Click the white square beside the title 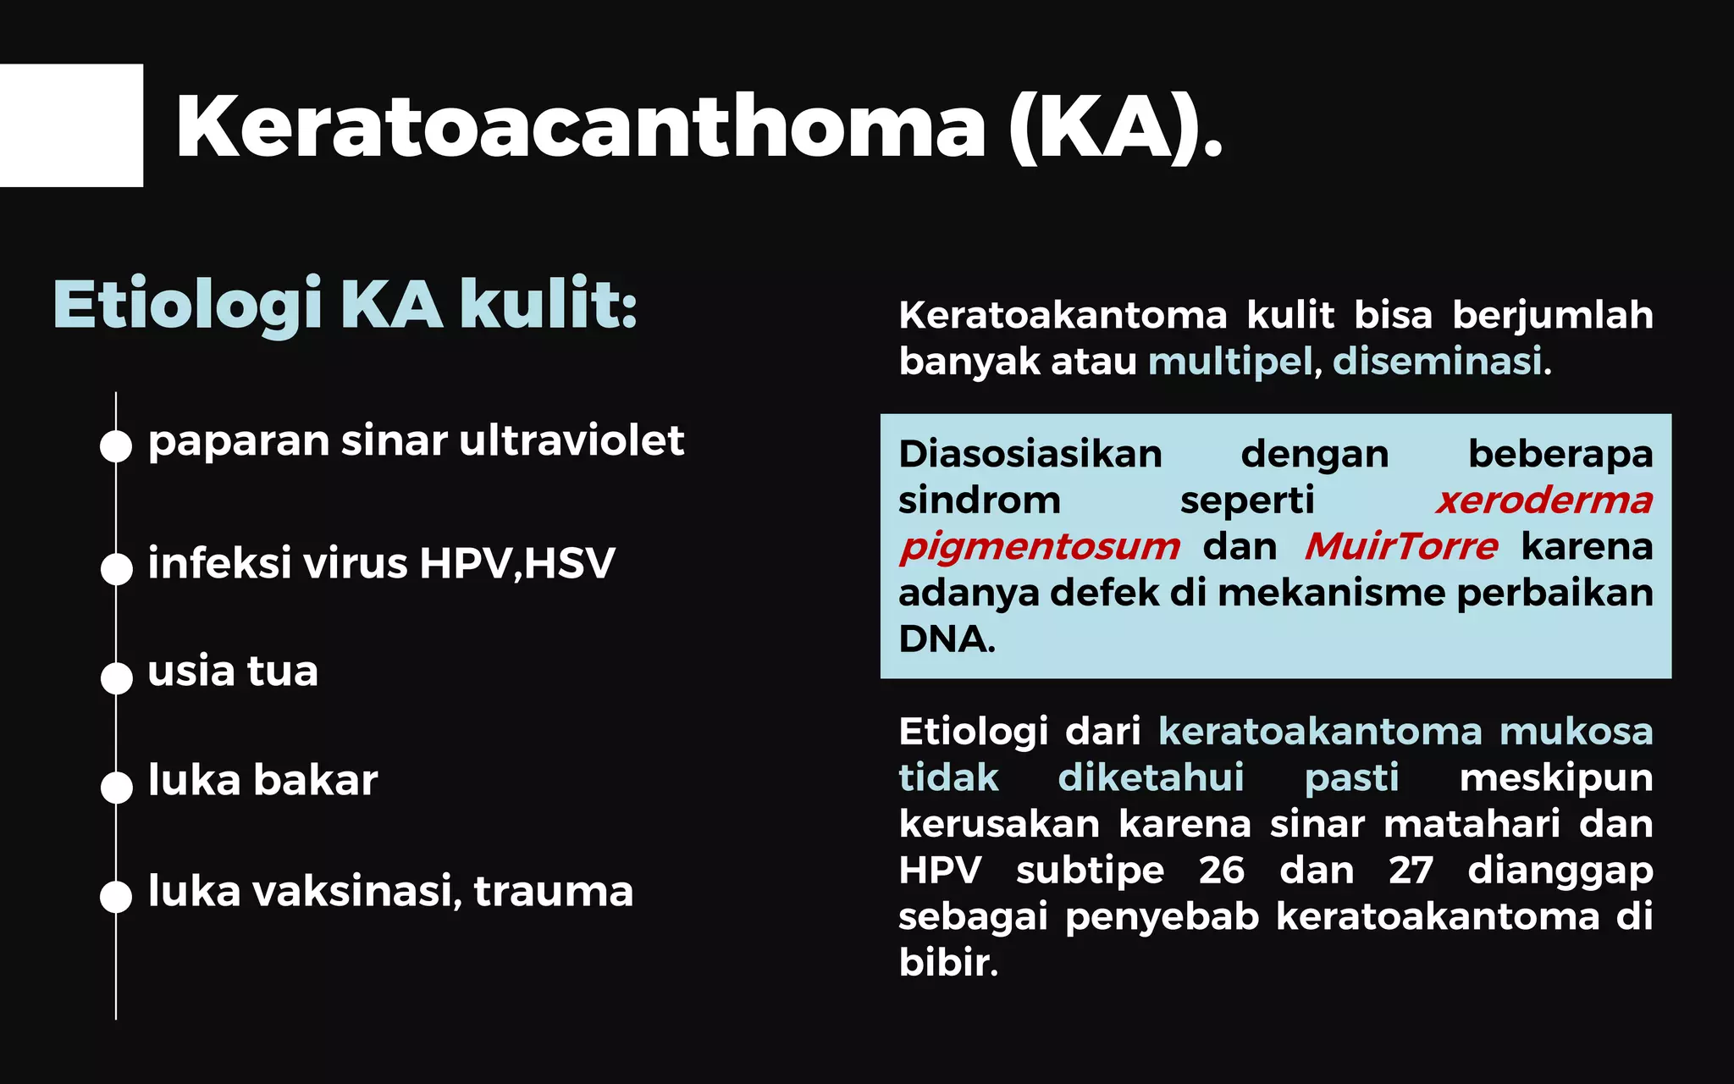71,125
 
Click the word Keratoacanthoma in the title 581,127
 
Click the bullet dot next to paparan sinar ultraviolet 116,446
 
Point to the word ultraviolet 572,440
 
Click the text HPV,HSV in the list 517,563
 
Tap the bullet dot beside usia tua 116,677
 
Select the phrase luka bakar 262,780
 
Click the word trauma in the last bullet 553,891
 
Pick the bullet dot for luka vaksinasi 116,896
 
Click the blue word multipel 1230,362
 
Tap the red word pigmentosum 1040,547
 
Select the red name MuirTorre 1401,547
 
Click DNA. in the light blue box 947,639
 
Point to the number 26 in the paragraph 1222,871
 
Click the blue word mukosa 1576,732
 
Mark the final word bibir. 948,963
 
